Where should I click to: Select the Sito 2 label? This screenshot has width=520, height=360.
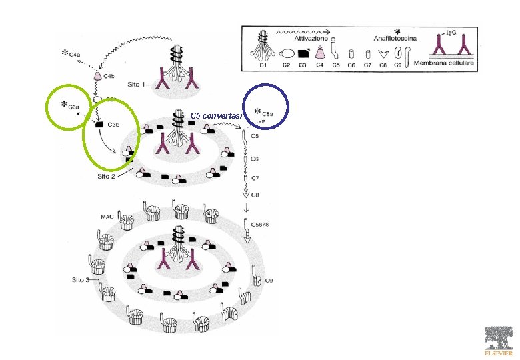click(x=107, y=177)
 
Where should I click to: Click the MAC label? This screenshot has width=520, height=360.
click(x=107, y=216)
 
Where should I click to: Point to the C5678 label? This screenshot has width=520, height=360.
click(x=260, y=225)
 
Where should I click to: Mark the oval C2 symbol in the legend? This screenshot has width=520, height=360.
click(x=287, y=53)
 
